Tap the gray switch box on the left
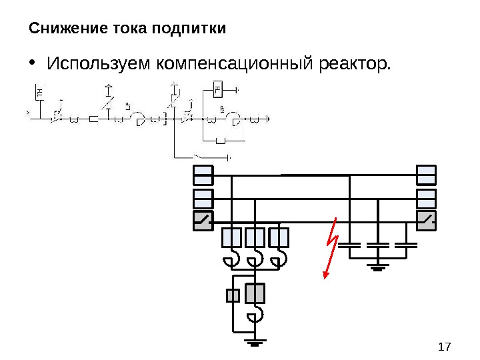203,220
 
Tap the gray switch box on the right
426,220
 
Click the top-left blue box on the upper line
203,175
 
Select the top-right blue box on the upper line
426,175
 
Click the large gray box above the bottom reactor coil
255,293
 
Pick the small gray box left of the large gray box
233,295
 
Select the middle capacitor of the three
378,245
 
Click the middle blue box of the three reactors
255,237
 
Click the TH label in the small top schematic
40,92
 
